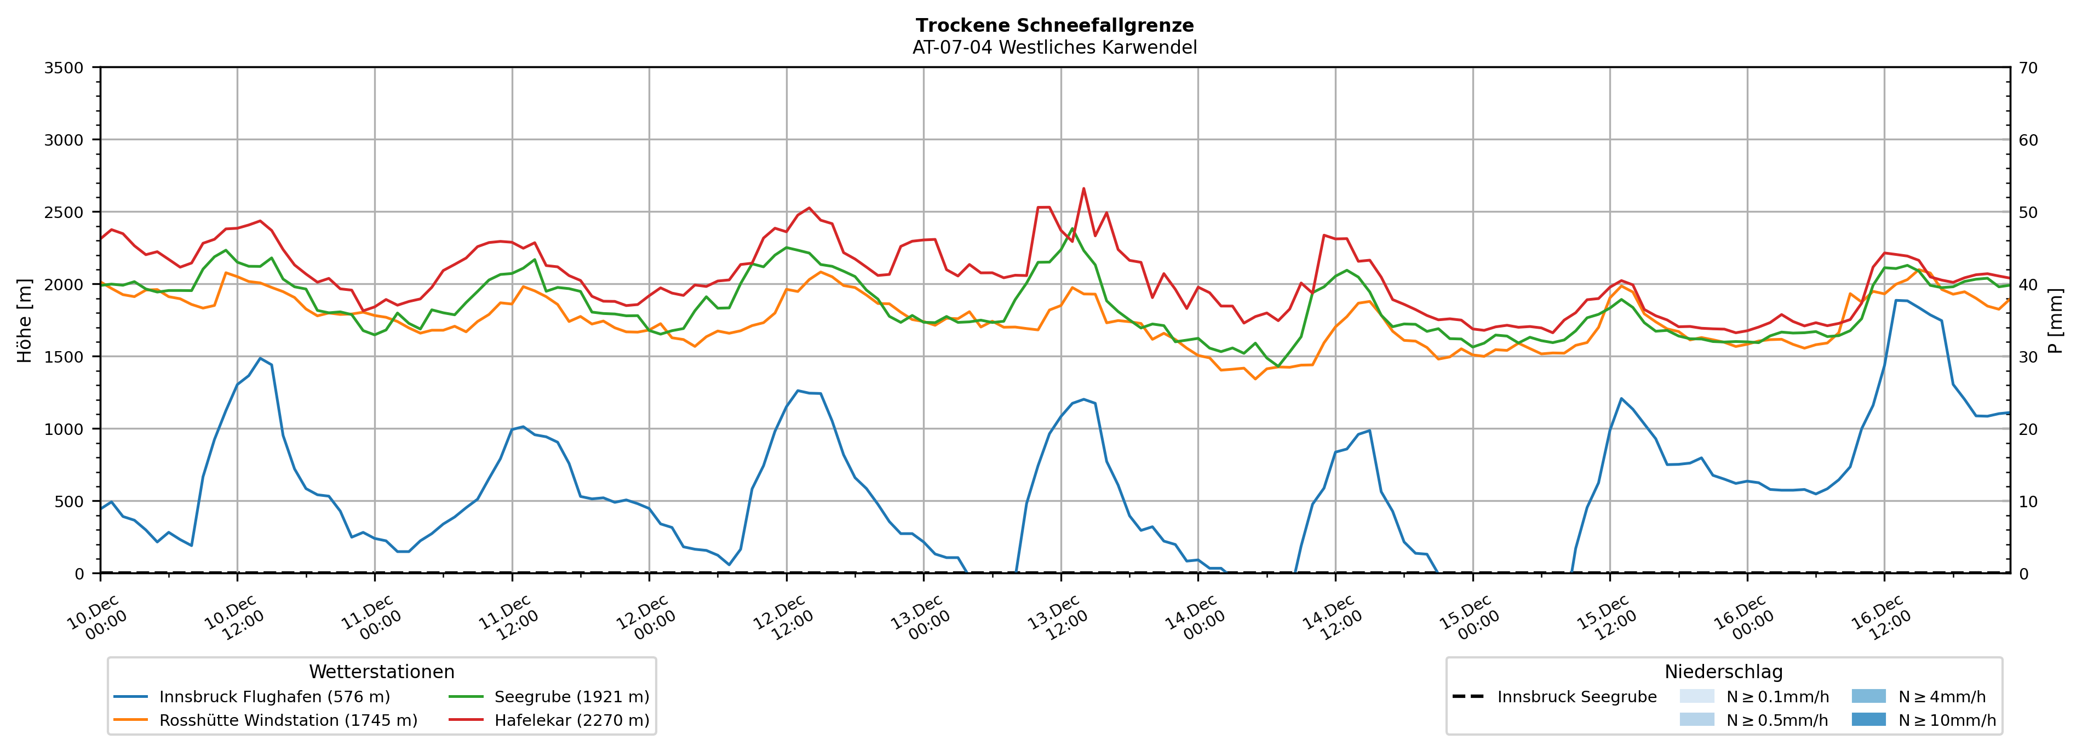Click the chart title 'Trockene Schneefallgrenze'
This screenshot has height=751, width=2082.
1054,26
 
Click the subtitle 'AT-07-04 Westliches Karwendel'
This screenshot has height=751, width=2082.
1054,48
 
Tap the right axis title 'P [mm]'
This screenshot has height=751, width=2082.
2055,320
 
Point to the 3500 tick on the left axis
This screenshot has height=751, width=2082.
64,68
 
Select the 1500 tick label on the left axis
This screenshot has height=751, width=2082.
64,357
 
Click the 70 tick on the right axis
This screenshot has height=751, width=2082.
2028,68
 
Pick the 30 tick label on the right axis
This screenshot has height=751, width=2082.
2028,357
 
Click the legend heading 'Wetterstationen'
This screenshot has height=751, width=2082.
381,672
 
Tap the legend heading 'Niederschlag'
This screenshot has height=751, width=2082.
1723,672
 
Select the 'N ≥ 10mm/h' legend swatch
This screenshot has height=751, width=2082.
1868,719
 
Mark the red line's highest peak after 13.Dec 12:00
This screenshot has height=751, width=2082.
1083,188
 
